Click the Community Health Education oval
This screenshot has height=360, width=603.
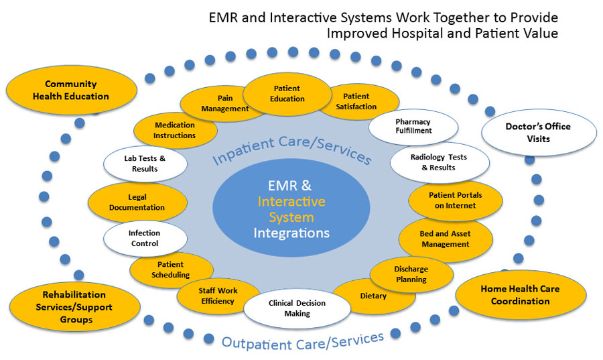pos(71,90)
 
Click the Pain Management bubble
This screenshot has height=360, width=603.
pos(216,104)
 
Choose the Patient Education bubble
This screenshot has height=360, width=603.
pos(287,94)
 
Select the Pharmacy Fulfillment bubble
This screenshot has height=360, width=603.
pos(413,126)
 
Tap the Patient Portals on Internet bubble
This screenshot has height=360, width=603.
pos(455,200)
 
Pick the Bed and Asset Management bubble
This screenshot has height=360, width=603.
pos(446,239)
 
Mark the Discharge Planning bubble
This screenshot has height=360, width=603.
pos(411,274)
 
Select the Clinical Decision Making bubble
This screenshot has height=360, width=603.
pos(297,308)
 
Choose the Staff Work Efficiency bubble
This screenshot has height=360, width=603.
pos(217,296)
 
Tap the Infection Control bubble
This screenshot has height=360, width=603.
pos(145,239)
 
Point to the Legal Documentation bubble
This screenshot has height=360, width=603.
pos(137,203)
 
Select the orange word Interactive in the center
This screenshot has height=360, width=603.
pos(291,201)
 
